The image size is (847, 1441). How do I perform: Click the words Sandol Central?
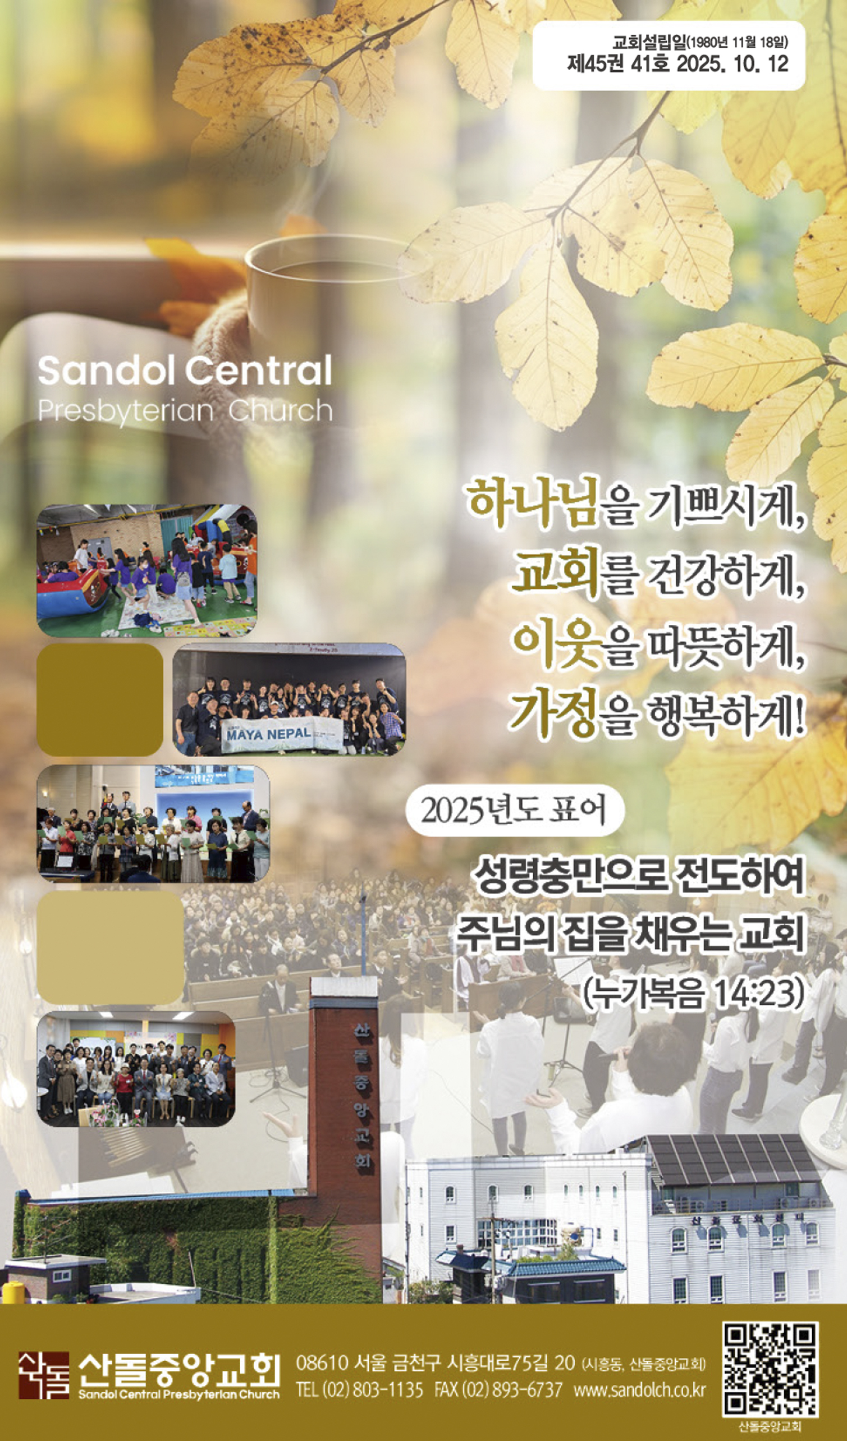tap(185, 370)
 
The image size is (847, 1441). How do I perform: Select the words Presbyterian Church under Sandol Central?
tap(185, 410)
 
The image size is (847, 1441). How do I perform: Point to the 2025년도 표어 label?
tap(514, 810)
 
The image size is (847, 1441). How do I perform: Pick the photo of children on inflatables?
tap(146, 570)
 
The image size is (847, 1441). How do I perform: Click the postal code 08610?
tap(322, 1362)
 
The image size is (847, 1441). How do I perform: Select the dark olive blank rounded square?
tap(99, 699)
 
